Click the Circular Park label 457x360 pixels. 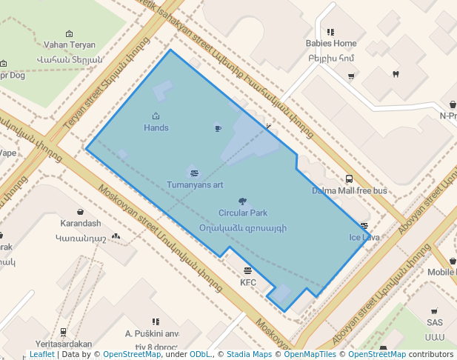click(x=242, y=213)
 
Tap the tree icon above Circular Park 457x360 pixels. click(x=242, y=201)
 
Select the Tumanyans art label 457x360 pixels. click(x=195, y=184)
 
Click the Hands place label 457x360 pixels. click(x=156, y=128)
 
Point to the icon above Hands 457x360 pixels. click(x=156, y=116)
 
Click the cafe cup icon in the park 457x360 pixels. click(x=217, y=128)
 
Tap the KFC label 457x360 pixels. click(x=247, y=282)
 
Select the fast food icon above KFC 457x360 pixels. click(x=247, y=270)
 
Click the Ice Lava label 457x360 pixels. click(x=364, y=238)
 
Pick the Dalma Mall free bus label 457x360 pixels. click(x=349, y=190)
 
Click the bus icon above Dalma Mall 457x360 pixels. click(x=349, y=179)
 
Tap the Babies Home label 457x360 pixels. click(x=331, y=44)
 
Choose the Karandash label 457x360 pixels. click(x=80, y=223)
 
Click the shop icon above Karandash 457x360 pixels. click(x=80, y=212)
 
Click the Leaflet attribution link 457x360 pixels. click(x=42, y=355)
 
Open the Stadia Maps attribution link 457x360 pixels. click(x=249, y=355)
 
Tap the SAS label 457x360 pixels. click(x=434, y=322)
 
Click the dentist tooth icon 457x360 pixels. click(x=396, y=73)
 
